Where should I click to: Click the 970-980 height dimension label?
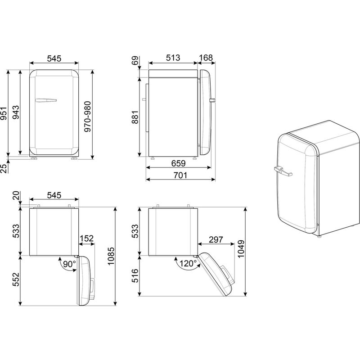pyautogui.click(x=87, y=117)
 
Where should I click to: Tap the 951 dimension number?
pyautogui.click(x=4, y=113)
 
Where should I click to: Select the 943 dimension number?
pyautogui.click(x=16, y=112)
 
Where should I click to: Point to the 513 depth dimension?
pyautogui.click(x=173, y=58)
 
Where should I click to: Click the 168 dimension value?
pyautogui.click(x=206, y=58)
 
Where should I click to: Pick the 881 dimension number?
pyautogui.click(x=135, y=117)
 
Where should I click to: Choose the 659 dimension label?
pyautogui.click(x=178, y=163)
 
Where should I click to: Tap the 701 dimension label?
pyautogui.click(x=180, y=175)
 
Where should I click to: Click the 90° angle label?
pyautogui.click(x=69, y=264)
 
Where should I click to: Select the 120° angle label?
pyautogui.click(x=188, y=263)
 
